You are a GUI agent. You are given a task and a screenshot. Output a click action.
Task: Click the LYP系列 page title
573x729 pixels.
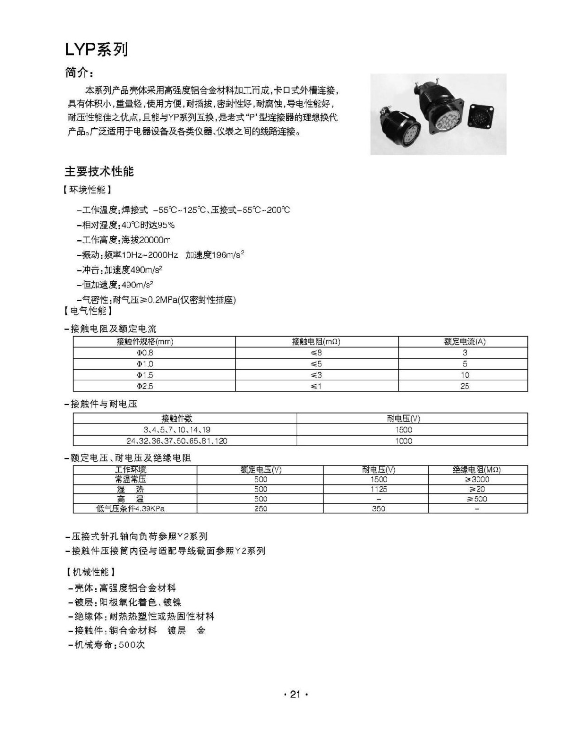pyautogui.click(x=96, y=49)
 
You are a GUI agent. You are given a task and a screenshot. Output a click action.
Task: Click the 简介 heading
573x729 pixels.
pyautogui.click(x=79, y=73)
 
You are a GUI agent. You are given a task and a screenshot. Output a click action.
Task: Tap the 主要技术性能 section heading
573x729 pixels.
pyautogui.click(x=99, y=171)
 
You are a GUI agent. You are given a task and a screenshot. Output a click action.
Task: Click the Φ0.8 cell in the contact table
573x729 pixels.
pyautogui.click(x=145, y=353)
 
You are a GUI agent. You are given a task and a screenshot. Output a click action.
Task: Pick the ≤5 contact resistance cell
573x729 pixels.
pyautogui.click(x=316, y=364)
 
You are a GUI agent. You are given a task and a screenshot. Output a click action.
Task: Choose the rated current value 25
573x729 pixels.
pyautogui.click(x=464, y=386)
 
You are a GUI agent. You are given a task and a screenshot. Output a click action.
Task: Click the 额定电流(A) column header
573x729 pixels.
pyautogui.click(x=464, y=341)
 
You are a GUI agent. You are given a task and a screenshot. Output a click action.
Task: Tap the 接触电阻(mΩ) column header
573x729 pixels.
pyautogui.click(x=316, y=341)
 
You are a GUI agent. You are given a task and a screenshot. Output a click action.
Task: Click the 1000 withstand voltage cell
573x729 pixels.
pyautogui.click(x=403, y=441)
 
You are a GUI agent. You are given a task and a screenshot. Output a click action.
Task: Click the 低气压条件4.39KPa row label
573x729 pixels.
pyautogui.click(x=130, y=509)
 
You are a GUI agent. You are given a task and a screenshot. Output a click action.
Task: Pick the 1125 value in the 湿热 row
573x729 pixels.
pyautogui.click(x=379, y=489)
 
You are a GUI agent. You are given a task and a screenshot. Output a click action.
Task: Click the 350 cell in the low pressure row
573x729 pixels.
pyautogui.click(x=379, y=509)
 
